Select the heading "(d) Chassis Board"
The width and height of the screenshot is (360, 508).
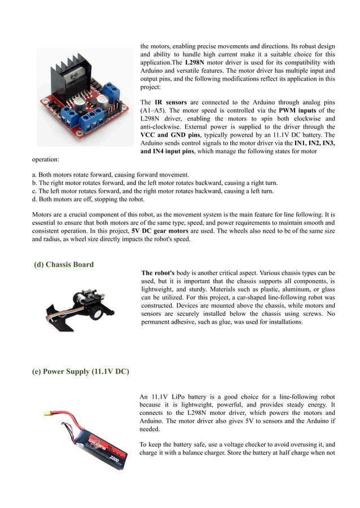64,264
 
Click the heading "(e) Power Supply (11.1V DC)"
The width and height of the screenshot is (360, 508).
80,372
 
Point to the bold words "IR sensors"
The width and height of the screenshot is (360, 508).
171,103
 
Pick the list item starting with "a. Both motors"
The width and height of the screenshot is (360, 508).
111,175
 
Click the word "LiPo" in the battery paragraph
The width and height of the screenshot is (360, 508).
178,397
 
